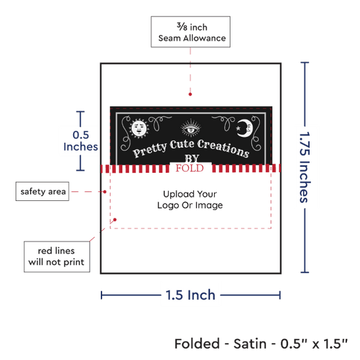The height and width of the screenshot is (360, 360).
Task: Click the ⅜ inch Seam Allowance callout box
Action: click(190, 32)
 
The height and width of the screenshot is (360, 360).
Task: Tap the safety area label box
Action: click(43, 192)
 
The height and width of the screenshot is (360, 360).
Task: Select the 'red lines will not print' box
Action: click(57, 257)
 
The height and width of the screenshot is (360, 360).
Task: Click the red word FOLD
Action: click(190, 168)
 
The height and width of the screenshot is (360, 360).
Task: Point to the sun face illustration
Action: click(139, 129)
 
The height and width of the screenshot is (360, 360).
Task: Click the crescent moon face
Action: click(245, 128)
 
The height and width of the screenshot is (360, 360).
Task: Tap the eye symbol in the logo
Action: click(190, 129)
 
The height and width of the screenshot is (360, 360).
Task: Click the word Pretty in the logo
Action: click(150, 150)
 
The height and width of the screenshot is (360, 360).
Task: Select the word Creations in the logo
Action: click(223, 149)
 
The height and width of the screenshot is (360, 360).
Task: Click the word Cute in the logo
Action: click(182, 145)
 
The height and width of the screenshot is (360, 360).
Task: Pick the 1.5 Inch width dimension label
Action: click(190, 295)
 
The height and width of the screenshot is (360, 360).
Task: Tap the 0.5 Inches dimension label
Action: click(81, 141)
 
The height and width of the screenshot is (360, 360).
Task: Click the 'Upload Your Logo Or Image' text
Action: click(190, 200)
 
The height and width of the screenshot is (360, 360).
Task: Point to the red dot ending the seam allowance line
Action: click(190, 94)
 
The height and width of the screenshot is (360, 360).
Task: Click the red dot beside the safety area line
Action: click(105, 192)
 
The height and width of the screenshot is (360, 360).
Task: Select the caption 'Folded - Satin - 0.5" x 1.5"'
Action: click(261, 344)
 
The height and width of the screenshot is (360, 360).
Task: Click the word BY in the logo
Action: click(192, 158)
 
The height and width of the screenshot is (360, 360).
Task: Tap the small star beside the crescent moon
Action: click(238, 128)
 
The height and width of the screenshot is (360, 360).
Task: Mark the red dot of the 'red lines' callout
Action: click(115, 220)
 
